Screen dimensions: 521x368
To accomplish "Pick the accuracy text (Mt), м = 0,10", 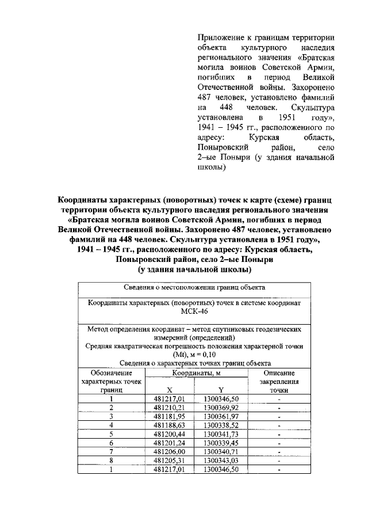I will [x=194, y=355].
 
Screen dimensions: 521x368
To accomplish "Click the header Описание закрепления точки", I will [x=279, y=381].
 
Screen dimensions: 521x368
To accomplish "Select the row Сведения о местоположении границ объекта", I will [x=194, y=287].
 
